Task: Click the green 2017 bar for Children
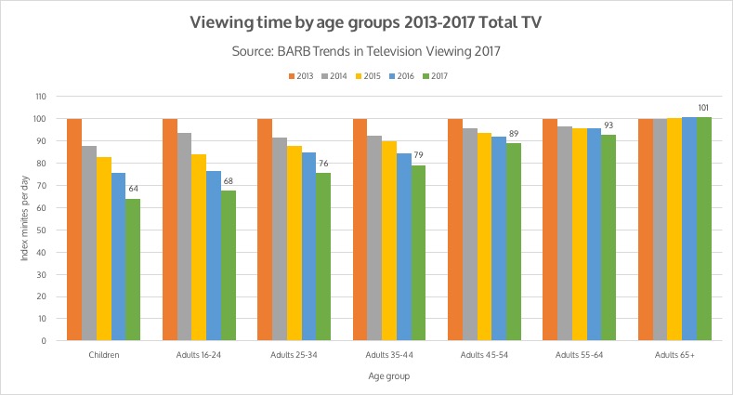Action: [133, 270]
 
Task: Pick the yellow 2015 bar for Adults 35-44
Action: [389, 241]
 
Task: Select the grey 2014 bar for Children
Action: [89, 243]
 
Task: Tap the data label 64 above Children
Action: [133, 190]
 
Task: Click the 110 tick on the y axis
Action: [40, 97]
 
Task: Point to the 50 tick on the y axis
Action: [42, 230]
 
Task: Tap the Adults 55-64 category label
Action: [578, 355]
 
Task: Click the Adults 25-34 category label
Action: [293, 355]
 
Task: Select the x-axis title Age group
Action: [387, 376]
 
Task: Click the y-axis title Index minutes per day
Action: [25, 218]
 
